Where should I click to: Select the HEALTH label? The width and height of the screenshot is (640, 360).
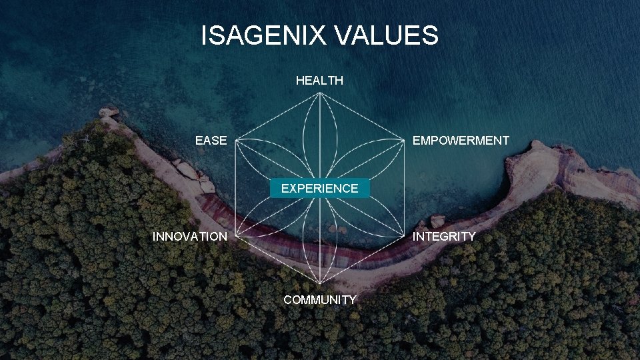coord(319,81)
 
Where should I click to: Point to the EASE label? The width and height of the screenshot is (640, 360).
coord(211,141)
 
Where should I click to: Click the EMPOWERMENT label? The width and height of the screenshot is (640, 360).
coord(461,141)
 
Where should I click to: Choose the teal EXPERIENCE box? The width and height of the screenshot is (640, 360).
coord(319,188)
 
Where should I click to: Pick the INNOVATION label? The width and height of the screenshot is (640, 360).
coord(189,236)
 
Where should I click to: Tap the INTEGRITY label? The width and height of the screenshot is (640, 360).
coord(444,236)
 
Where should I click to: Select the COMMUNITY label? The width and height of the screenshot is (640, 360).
coord(319,299)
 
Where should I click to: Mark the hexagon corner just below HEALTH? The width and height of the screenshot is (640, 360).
coord(320,93)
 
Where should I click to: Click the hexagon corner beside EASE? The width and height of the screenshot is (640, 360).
coord(237,141)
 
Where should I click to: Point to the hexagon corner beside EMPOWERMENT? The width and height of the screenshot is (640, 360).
coord(403,141)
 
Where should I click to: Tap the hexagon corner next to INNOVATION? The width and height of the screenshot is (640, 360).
coord(237,236)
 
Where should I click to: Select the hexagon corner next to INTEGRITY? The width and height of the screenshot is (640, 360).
coord(403,236)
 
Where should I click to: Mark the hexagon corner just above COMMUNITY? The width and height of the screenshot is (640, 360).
coord(320,284)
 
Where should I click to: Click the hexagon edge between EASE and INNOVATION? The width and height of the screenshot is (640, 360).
coord(237,189)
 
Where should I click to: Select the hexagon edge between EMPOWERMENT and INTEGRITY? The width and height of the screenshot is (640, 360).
coord(403,189)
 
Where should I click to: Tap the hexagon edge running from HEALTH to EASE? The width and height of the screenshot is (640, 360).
coord(278,117)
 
